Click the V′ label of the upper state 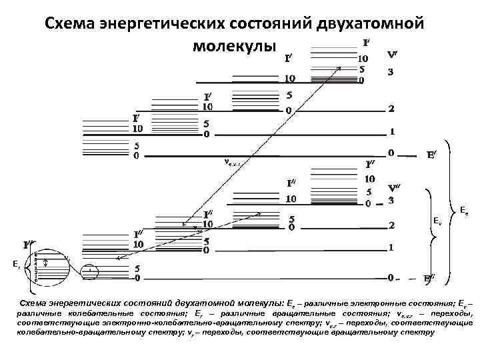point(394,55)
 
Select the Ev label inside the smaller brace point(437,220)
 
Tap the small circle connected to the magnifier point(89,270)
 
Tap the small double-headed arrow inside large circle point(45,263)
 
